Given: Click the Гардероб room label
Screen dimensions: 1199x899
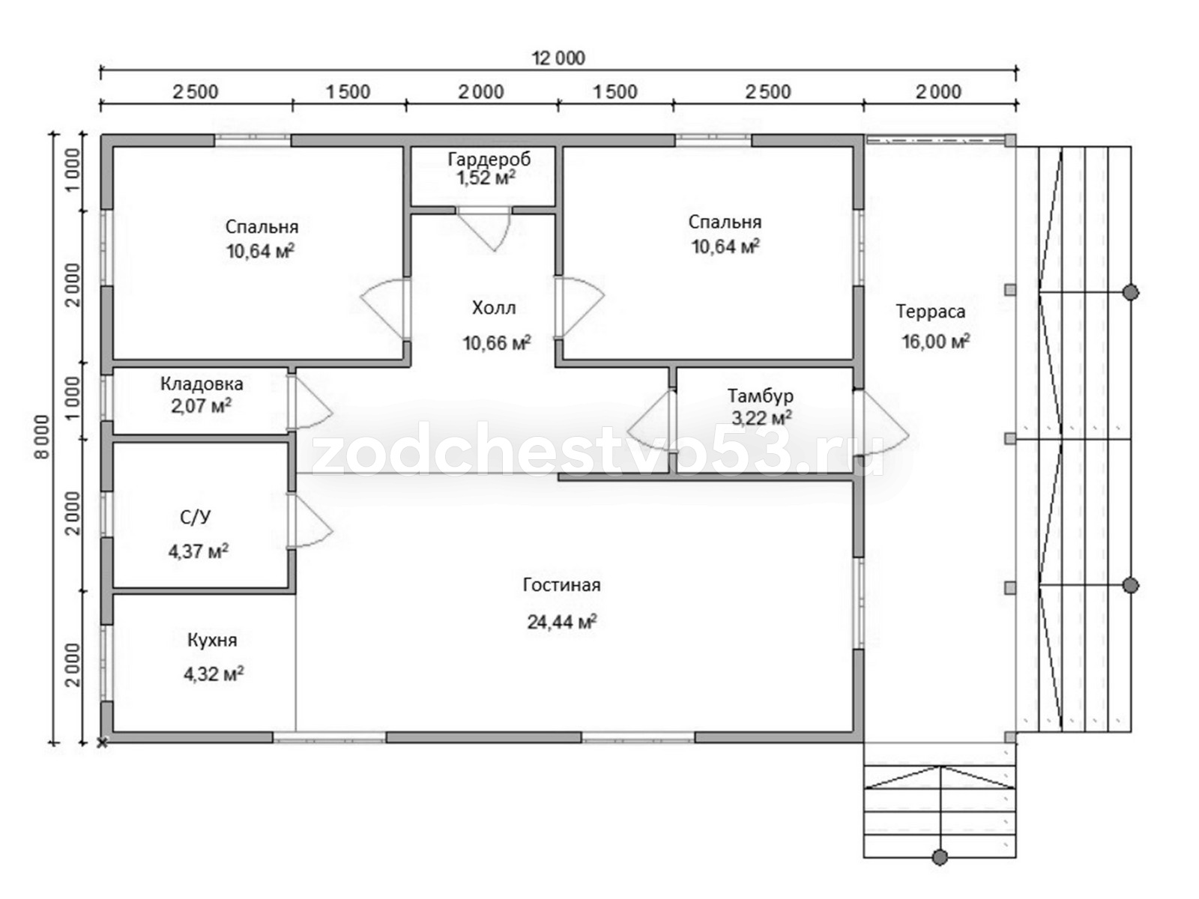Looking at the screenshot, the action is coord(489,159).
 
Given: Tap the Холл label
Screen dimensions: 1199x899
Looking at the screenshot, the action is coord(494,308).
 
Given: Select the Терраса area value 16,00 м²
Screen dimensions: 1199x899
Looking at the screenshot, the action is coord(935,341).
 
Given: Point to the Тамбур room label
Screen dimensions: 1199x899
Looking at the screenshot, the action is coord(760,396).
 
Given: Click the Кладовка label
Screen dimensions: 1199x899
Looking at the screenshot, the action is coord(202,384).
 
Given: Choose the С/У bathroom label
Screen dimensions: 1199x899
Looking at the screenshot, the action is coord(195,517).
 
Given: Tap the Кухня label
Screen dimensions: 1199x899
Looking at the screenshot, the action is coord(212,640).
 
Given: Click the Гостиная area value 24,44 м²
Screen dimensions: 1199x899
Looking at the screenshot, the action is coord(561,622).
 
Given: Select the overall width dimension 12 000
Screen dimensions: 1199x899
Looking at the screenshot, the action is coord(558,58).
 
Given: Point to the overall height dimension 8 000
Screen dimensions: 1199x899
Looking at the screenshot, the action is coord(43,438).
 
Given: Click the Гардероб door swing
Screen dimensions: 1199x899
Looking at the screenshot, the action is coord(485,229).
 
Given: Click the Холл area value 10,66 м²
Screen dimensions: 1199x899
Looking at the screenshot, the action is coord(497,343).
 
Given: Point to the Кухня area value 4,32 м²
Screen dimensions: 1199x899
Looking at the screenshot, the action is coord(214,674).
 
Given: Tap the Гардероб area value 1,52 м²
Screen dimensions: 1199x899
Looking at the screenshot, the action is coord(486,178).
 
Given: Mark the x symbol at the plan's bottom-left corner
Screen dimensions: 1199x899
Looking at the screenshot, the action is coord(102,742).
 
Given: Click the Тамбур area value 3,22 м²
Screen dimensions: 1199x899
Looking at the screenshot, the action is coord(762,418).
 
